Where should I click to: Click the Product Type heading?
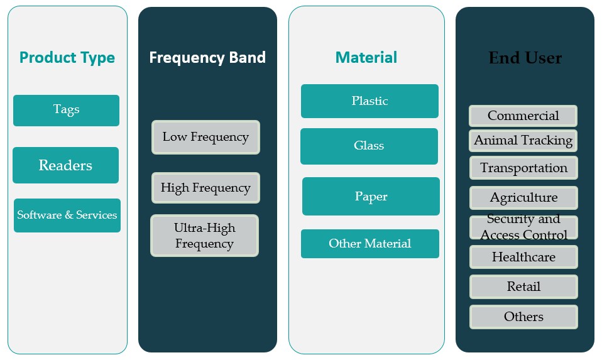(67, 58)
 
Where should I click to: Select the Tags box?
(66, 111)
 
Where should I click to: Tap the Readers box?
(65, 165)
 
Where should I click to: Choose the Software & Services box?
(67, 215)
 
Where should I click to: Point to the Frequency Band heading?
(207, 58)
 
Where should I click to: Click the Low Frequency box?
(205, 138)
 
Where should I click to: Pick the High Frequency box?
(205, 188)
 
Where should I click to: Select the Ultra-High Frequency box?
(205, 236)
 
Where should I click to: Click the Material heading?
(366, 58)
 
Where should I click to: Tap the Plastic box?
(369, 101)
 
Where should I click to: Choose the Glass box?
(369, 146)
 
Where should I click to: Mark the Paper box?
(371, 196)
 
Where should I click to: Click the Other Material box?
(370, 244)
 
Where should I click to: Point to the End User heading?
(525, 58)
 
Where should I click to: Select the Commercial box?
(523, 116)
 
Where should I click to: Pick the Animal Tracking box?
(523, 141)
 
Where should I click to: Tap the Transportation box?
(523, 168)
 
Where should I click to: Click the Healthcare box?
(523, 257)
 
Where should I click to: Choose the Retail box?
(523, 286)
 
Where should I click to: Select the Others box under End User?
(523, 317)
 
